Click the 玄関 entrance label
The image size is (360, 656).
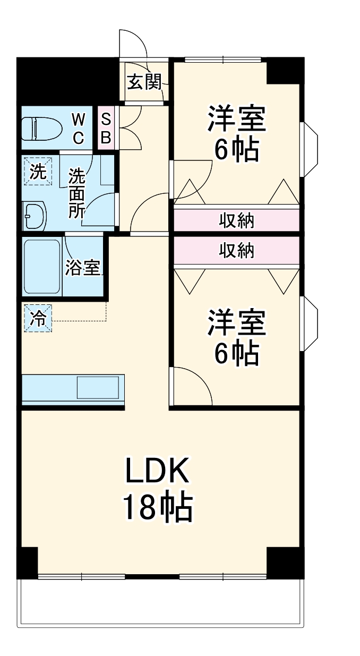pyautogui.click(x=143, y=82)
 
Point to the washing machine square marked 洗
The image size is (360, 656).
pyautogui.click(x=37, y=172)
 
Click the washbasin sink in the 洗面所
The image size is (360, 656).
pyautogui.click(x=35, y=216)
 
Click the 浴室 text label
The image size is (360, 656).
pyautogui.click(x=82, y=268)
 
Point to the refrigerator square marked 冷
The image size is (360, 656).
pyautogui.click(x=37, y=318)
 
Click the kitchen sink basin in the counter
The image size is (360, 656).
pyautogui.click(x=98, y=387)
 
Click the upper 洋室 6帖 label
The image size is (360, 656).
pyautogui.click(x=236, y=134)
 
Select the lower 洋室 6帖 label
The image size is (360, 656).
pyautogui.click(x=236, y=338)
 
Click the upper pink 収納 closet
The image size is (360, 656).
pyautogui.click(x=236, y=220)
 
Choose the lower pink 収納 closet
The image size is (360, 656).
pyautogui.click(x=236, y=250)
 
